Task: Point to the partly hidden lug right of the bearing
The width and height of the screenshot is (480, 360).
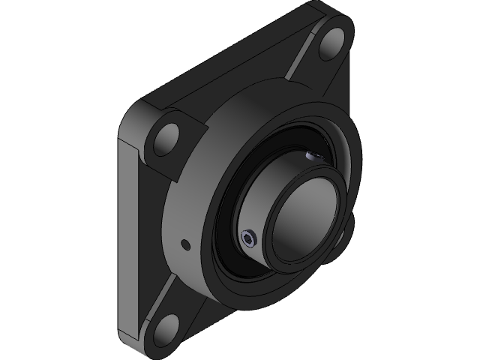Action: (347, 232)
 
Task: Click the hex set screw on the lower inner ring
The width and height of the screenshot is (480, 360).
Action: (250, 240)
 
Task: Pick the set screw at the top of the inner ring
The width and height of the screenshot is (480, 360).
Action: (313, 155)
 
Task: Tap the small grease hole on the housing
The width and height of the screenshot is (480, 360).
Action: (184, 244)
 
